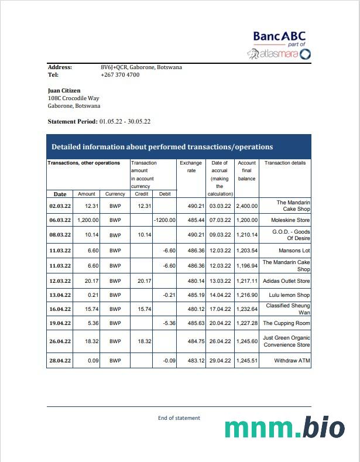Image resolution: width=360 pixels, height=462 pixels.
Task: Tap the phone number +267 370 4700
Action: pos(120,75)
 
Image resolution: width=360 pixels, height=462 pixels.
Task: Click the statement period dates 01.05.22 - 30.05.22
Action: pos(125,121)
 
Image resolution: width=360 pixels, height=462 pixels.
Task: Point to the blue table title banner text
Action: pos(162,147)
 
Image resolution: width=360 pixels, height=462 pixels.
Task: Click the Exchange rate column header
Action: pos(190,167)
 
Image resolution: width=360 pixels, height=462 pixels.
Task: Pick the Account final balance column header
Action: pos(246,170)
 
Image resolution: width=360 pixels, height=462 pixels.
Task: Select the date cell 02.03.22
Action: pos(60,206)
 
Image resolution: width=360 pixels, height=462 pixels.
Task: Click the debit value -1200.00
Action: pos(164,220)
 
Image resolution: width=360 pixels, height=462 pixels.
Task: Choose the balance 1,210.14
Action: pos(246,235)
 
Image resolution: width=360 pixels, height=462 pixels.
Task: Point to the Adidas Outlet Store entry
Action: pos(286,281)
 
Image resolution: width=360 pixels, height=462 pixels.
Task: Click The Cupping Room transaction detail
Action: pos(286,323)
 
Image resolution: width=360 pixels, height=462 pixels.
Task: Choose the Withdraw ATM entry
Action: pos(292,361)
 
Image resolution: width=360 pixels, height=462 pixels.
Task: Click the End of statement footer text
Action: pos(179,418)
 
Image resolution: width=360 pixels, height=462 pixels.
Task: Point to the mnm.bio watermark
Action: pos(284,428)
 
